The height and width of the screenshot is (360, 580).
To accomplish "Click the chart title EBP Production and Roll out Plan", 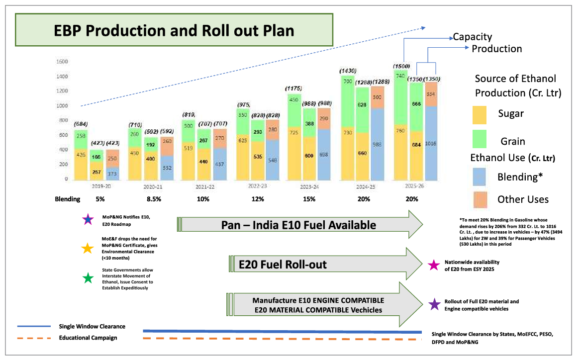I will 174,30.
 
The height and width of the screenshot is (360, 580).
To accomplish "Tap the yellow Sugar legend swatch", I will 482,114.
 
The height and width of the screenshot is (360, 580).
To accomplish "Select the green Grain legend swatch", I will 482,140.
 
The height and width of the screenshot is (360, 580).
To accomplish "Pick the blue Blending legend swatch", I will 482,177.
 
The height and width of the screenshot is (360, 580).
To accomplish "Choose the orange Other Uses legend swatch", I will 482,199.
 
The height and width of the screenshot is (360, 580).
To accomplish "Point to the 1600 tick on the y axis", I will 62,62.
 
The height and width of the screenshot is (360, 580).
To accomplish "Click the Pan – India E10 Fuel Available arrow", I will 298,225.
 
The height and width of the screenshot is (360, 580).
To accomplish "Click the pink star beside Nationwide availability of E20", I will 434,265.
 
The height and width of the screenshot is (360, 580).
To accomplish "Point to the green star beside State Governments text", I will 88,278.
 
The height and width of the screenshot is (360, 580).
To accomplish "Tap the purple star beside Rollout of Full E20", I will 434,304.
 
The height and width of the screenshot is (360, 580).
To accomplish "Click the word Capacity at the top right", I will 472,37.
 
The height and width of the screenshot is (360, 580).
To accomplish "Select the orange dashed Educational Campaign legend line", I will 34,338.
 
